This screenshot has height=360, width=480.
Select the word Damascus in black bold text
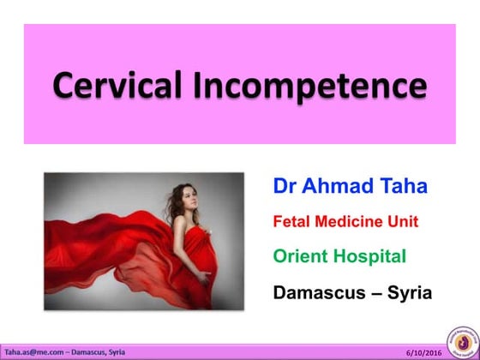tap(316, 292)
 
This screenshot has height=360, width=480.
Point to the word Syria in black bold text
tap(406, 292)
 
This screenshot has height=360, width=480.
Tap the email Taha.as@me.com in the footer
tap(28, 351)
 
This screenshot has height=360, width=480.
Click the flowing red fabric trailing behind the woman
tap(94, 240)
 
